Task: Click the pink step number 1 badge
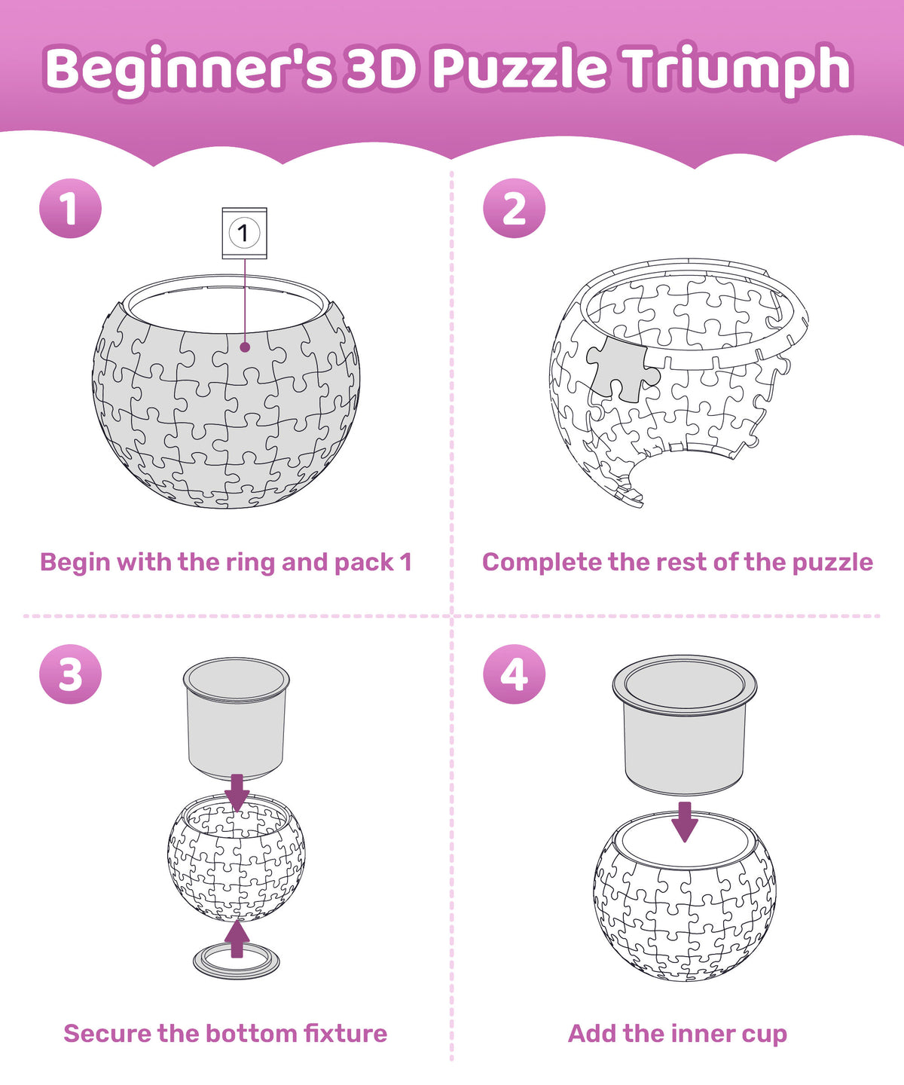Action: click(70, 208)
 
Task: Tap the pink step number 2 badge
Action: click(514, 208)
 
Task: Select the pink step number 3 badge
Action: click(70, 674)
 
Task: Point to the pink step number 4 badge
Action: click(514, 674)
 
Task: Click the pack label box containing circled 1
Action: click(244, 233)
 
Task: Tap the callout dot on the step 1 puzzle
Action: click(246, 347)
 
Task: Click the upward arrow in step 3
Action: click(237, 940)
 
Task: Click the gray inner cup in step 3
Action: click(237, 719)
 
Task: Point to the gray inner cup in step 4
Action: click(685, 725)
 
